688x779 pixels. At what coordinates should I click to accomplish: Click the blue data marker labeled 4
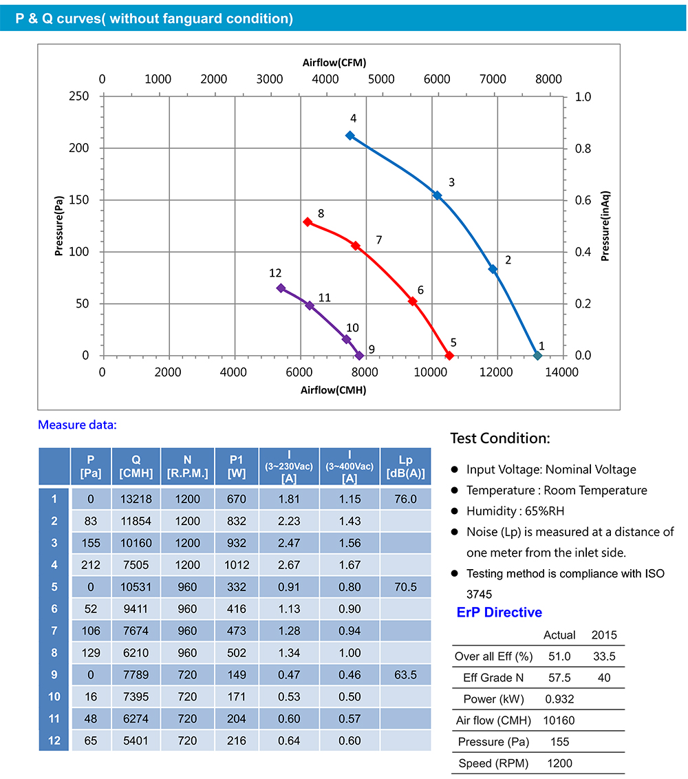pyautogui.click(x=350, y=136)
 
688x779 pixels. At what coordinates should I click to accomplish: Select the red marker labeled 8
pyautogui.click(x=308, y=222)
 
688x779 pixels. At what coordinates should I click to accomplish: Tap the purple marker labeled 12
pyautogui.click(x=281, y=288)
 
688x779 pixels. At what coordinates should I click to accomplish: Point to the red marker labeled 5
pyautogui.click(x=449, y=355)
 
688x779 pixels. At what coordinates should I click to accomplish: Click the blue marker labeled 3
pyautogui.click(x=437, y=195)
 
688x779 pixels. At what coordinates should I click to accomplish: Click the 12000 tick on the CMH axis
pyautogui.click(x=496, y=372)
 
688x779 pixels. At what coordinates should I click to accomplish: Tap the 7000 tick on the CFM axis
pyautogui.click(x=493, y=79)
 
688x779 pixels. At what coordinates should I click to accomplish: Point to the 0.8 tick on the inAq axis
pyautogui.click(x=583, y=148)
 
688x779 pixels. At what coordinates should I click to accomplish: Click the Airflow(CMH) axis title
pyautogui.click(x=333, y=389)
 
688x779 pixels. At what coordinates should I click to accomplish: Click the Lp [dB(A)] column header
pyautogui.click(x=405, y=467)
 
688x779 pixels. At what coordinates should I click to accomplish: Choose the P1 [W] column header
pyautogui.click(x=236, y=467)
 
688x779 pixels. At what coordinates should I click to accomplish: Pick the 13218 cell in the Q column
pyautogui.click(x=136, y=499)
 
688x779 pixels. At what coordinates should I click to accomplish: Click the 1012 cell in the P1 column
pyautogui.click(x=236, y=565)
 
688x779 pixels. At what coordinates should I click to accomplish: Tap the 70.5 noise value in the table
pyautogui.click(x=405, y=587)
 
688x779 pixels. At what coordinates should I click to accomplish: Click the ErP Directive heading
pyautogui.click(x=499, y=612)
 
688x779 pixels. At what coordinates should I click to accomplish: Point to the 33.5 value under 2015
pyautogui.click(x=604, y=656)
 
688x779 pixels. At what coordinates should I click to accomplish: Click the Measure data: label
pyautogui.click(x=77, y=425)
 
